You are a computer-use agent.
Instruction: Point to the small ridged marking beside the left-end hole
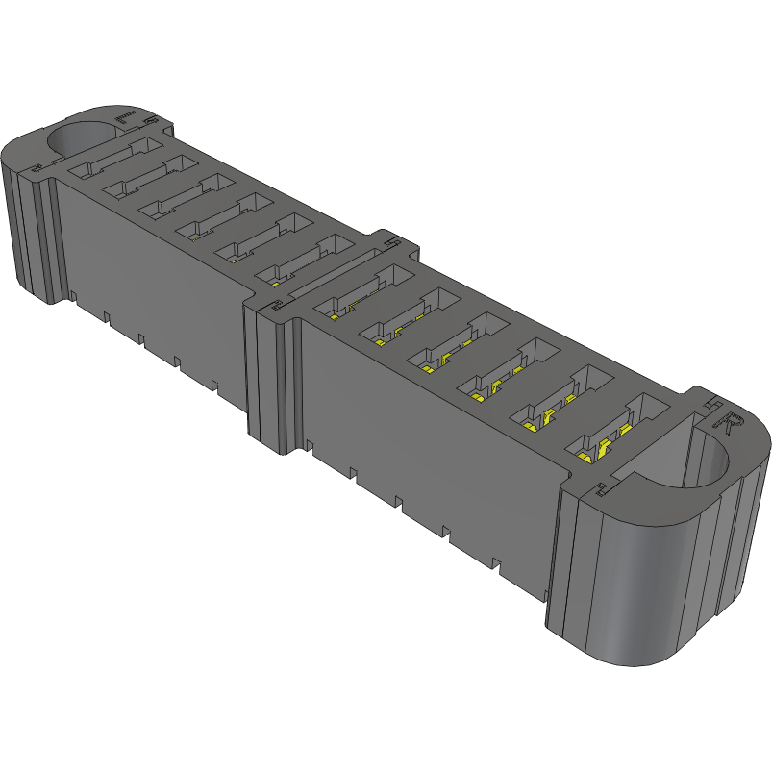pyautogui.click(x=125, y=118)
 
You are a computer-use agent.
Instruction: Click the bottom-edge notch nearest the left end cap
pyautogui.click(x=73, y=294)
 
